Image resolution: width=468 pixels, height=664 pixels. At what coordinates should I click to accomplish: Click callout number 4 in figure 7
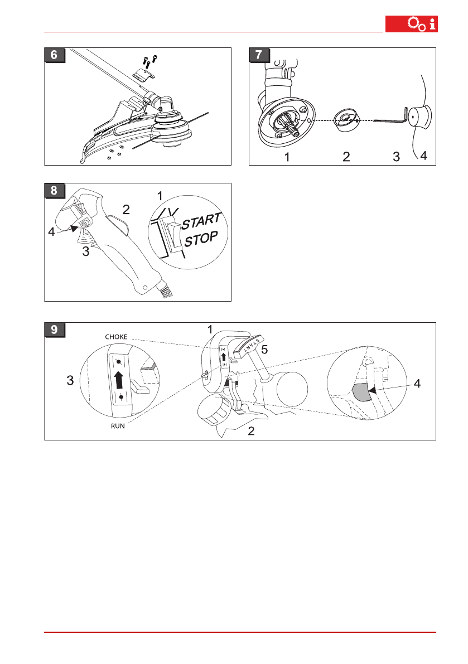[x=424, y=157]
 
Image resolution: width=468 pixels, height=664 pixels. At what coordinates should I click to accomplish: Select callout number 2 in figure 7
[x=346, y=157]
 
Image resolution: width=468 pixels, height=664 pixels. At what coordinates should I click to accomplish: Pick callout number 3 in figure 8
[x=86, y=251]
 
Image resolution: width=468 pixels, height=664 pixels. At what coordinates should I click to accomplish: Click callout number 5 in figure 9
[x=266, y=350]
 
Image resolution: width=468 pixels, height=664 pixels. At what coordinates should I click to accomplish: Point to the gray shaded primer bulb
[x=362, y=392]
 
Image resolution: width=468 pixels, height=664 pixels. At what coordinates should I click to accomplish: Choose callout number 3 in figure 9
[x=70, y=381]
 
